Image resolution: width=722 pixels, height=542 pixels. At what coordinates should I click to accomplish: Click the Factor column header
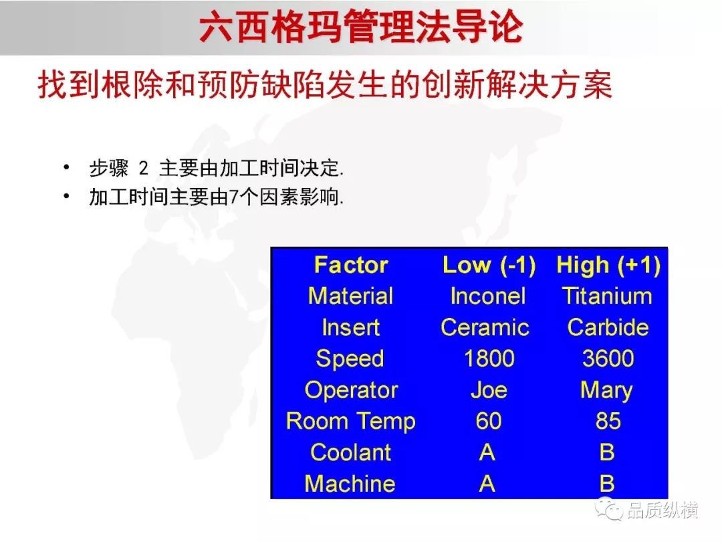tap(351, 265)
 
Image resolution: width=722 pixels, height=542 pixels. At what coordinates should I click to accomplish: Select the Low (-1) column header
tap(489, 266)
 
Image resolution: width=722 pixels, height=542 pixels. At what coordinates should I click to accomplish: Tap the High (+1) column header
tap(608, 266)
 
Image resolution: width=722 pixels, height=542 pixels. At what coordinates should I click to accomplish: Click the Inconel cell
tap(488, 296)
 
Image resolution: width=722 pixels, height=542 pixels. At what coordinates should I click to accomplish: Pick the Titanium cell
tap(607, 296)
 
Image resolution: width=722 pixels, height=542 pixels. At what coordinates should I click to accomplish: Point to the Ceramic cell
tap(485, 327)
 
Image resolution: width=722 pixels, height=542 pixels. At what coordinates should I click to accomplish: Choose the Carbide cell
tap(608, 327)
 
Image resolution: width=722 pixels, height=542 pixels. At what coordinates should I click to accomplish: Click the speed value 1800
tap(489, 359)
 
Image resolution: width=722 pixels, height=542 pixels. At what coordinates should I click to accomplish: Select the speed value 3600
tap(608, 359)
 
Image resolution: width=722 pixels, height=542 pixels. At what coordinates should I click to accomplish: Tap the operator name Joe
tap(489, 390)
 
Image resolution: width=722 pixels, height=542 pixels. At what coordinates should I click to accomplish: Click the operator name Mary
tap(606, 391)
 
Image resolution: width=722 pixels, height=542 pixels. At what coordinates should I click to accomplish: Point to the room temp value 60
tap(489, 421)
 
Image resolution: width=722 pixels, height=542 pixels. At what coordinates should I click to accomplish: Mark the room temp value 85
tap(608, 421)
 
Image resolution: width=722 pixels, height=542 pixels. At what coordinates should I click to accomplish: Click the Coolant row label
tap(350, 452)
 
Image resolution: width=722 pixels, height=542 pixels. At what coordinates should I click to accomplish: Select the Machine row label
tap(350, 484)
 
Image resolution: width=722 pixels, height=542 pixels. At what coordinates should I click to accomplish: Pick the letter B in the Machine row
tap(607, 484)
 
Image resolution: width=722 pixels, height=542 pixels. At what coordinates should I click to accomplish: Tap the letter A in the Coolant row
tap(487, 452)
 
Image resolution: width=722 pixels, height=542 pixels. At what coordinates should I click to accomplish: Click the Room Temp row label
tap(351, 422)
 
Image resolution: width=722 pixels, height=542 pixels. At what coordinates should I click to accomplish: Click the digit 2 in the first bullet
tap(144, 168)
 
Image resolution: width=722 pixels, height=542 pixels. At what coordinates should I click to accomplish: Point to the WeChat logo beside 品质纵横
tap(608, 509)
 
